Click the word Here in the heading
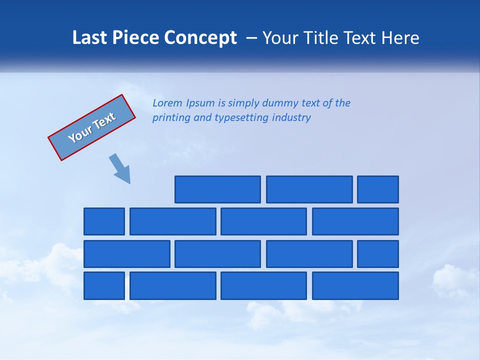coord(399,38)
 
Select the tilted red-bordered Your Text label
coord(92,127)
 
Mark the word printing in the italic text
coord(170,118)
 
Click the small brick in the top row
coord(378,189)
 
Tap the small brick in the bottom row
coord(104,286)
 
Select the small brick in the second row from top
coord(104,221)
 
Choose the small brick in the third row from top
coord(378,254)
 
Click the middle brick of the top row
coord(309,189)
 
